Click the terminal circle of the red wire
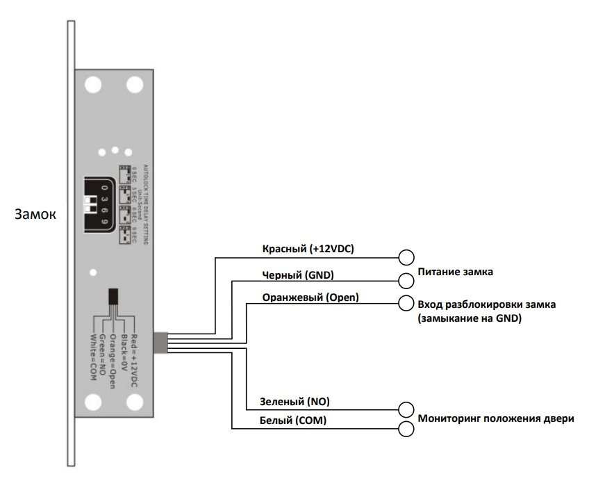pyautogui.click(x=406, y=257)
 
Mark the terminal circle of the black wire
pyautogui.click(x=406, y=281)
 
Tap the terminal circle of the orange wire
pyautogui.click(x=406, y=304)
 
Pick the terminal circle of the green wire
pyautogui.click(x=406, y=410)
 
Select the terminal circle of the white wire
pyautogui.click(x=406, y=429)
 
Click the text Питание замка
pyautogui.click(x=455, y=272)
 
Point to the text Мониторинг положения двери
pyautogui.click(x=496, y=418)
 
